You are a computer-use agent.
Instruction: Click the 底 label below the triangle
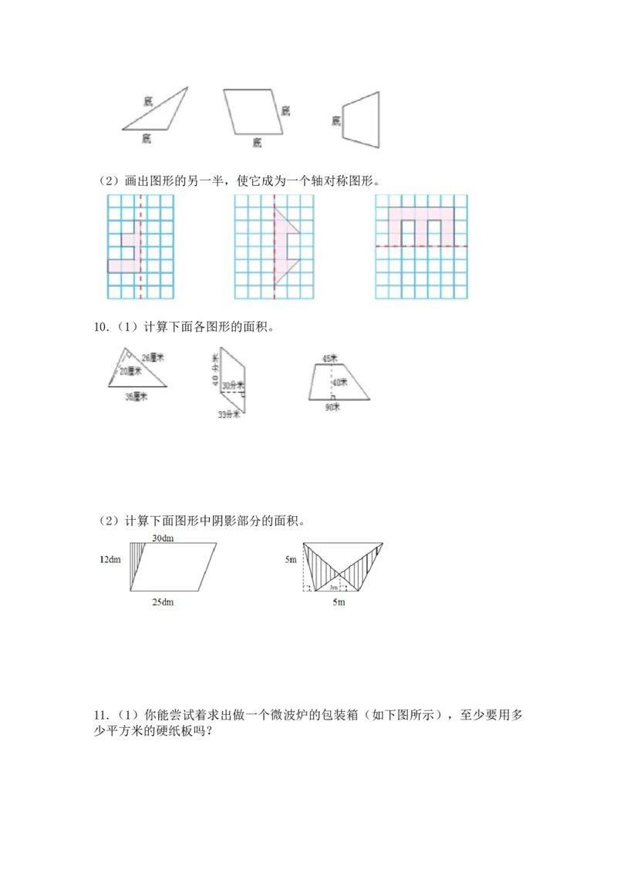click(147, 138)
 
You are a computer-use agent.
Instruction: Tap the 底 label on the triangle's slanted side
click(147, 100)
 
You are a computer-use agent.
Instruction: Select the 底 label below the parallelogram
click(257, 142)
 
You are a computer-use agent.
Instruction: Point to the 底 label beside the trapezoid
click(336, 120)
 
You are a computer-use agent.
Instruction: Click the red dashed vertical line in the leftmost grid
click(140, 254)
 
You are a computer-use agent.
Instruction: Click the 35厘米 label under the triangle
click(136, 396)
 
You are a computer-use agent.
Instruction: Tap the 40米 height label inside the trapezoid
click(337, 381)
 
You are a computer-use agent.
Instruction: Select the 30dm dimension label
click(162, 538)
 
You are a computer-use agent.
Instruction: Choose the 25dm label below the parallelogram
click(163, 602)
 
